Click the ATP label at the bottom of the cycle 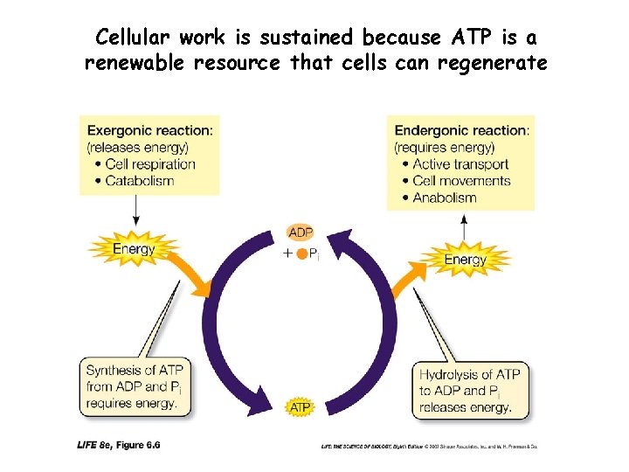[x=300, y=407]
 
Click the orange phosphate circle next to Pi [x=301, y=253]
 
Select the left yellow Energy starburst [x=134, y=248]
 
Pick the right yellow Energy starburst [x=465, y=259]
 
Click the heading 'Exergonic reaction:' [x=149, y=130]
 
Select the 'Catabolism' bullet [x=139, y=181]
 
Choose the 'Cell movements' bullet [x=460, y=181]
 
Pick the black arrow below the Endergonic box [x=464, y=226]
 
